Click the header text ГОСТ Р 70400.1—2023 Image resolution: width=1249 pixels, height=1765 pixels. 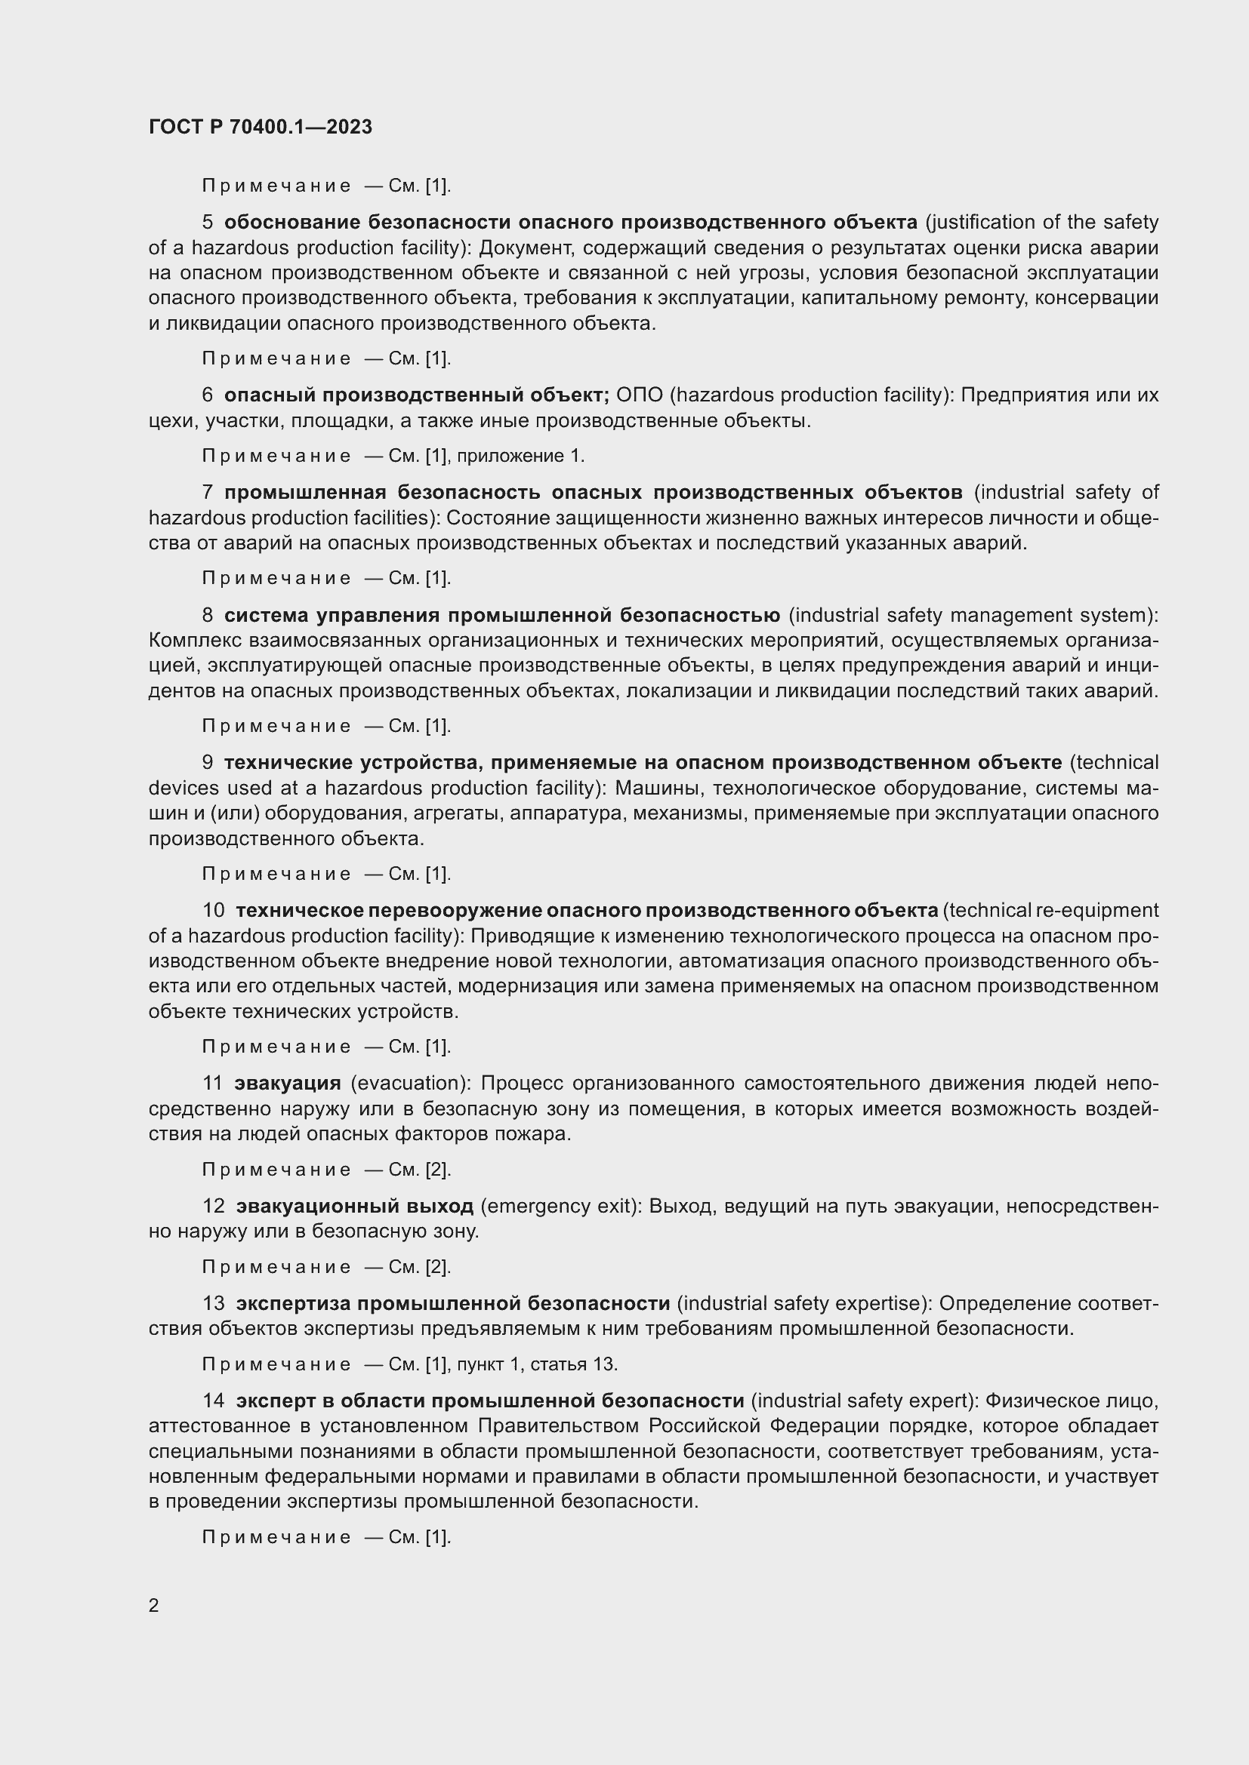point(260,127)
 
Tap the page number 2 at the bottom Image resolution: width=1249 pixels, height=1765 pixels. point(154,1605)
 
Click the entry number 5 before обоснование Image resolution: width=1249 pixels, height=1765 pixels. point(208,222)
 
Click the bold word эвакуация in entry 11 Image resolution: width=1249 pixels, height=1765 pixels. point(288,1083)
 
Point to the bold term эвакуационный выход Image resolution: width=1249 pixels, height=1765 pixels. point(355,1206)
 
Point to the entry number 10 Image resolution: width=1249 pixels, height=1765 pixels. point(213,910)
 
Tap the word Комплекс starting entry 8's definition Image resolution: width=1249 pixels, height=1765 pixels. point(196,641)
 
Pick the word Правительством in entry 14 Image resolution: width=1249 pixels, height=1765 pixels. point(560,1426)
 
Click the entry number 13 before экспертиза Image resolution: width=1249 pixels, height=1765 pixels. point(213,1303)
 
